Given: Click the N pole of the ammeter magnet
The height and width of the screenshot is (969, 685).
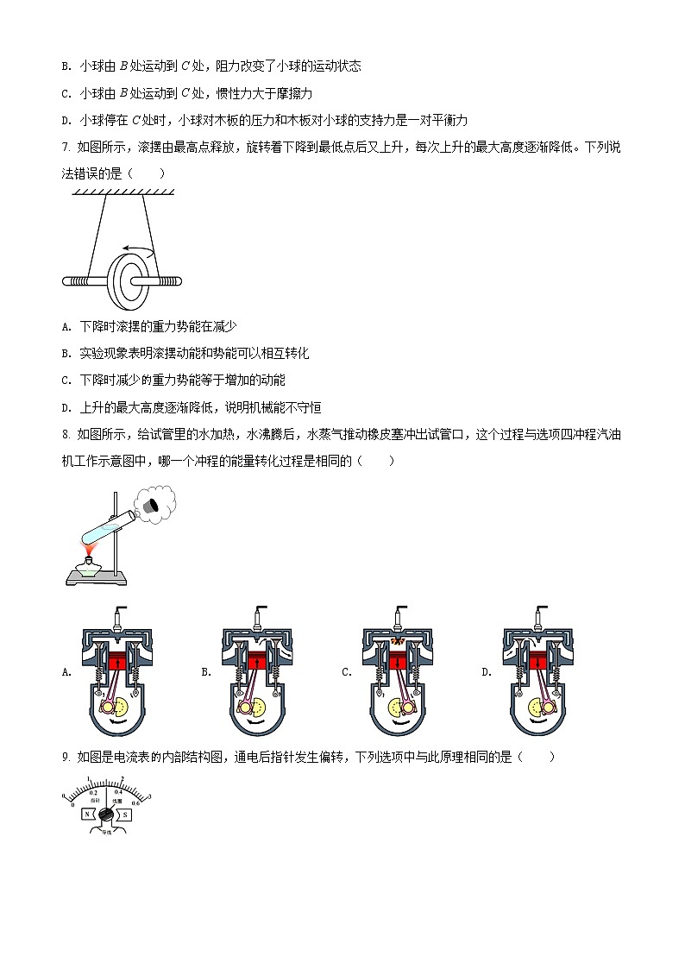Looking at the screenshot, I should [86, 815].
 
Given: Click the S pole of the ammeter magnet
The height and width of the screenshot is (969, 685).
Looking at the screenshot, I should [124, 815].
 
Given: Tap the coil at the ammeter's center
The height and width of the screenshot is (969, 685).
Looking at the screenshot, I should [105, 815].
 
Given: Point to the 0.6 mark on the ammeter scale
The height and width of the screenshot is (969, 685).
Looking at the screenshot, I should [136, 802].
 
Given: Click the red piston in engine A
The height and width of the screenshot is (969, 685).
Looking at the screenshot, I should [116, 662].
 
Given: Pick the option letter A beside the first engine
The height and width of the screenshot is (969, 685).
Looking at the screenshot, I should [66, 672].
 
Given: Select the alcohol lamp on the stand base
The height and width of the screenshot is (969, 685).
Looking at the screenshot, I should [86, 567].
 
